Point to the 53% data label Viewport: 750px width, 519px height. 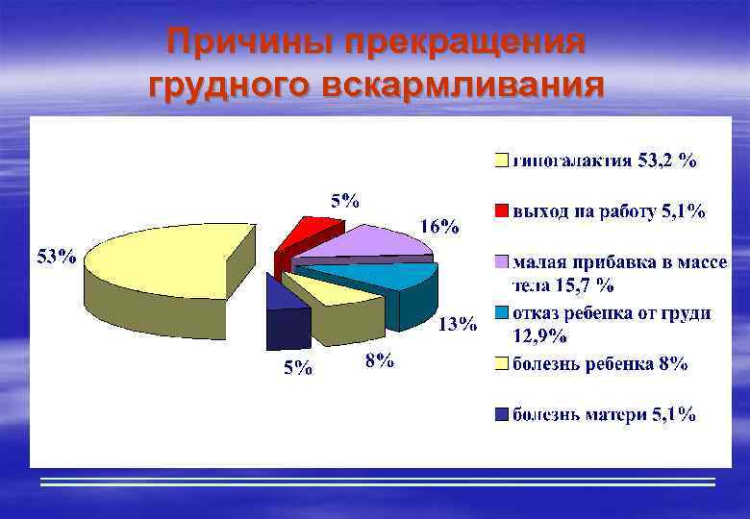coord(57,257)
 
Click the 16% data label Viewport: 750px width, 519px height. coord(439,227)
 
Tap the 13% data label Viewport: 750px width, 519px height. coord(458,324)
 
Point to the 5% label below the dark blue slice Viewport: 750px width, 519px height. coord(297,368)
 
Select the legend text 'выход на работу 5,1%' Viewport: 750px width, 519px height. coord(609,211)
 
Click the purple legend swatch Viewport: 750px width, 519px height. coord(502,262)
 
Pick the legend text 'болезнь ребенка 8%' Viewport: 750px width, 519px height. coord(600,363)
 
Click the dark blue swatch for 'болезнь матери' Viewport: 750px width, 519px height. coord(502,415)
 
